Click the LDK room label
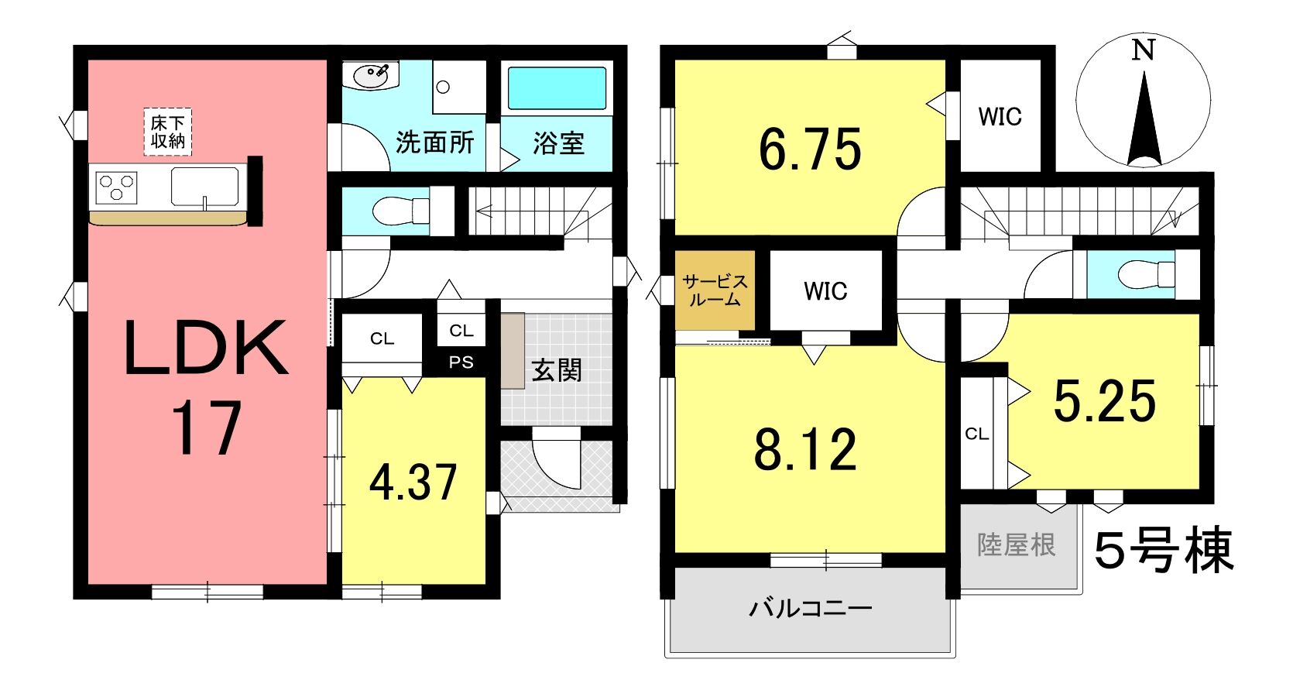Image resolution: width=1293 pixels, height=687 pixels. tap(206, 348)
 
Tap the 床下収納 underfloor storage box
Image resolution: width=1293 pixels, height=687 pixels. tap(167, 132)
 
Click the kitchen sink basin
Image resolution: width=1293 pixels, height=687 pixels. tap(205, 187)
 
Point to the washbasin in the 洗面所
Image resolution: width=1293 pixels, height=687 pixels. tap(371, 76)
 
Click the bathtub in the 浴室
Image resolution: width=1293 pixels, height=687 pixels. tap(557, 88)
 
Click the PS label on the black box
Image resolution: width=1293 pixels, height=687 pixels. tap(461, 362)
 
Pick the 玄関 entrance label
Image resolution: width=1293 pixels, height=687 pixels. tap(557, 370)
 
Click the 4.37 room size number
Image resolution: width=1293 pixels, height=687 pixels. tap(413, 483)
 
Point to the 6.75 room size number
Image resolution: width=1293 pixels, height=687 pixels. tap(810, 149)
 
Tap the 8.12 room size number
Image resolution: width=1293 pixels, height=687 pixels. tap(805, 450)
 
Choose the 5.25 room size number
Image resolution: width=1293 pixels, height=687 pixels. tap(1105, 401)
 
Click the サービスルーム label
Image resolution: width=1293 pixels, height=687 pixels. tap(715, 290)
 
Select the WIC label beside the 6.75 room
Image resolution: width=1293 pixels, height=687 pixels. tap(1000, 117)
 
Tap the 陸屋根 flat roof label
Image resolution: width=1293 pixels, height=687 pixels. tap(1017, 545)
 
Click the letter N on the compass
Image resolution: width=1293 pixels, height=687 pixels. tap(1143, 50)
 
